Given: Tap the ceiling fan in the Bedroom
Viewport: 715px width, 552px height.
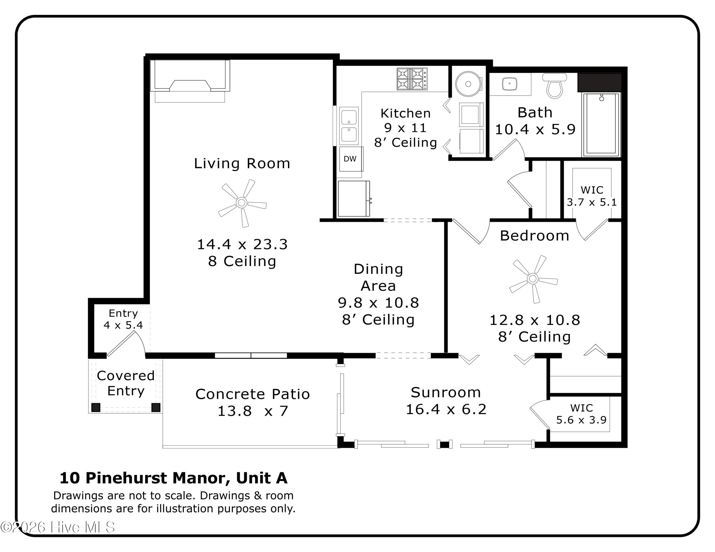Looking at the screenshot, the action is pyautogui.click(x=533, y=279).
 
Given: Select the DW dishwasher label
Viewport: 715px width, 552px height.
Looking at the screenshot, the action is pyautogui.click(x=350, y=159).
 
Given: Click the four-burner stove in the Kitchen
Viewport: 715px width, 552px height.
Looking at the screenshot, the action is pyautogui.click(x=412, y=79).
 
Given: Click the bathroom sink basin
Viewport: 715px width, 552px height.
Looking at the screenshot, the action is pyautogui.click(x=509, y=84).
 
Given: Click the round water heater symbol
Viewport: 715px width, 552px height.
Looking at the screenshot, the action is pyautogui.click(x=469, y=84).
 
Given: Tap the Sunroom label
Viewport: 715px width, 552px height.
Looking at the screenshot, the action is pyautogui.click(x=446, y=392).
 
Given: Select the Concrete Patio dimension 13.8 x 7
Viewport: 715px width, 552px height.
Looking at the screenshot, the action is pyautogui.click(x=253, y=411).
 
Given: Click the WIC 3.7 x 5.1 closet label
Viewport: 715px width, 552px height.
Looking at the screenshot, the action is pyautogui.click(x=592, y=196).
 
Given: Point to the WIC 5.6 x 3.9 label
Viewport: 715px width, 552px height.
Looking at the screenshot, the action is pyautogui.click(x=582, y=414).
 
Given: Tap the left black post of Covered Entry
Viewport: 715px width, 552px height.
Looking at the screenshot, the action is pyautogui.click(x=96, y=407).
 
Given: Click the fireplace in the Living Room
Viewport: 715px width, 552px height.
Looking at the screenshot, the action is pyautogui.click(x=190, y=81).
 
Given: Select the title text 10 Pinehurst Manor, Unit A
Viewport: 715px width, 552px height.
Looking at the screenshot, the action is pyautogui.click(x=174, y=478).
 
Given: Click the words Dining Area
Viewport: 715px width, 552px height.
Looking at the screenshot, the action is pyautogui.click(x=378, y=277).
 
